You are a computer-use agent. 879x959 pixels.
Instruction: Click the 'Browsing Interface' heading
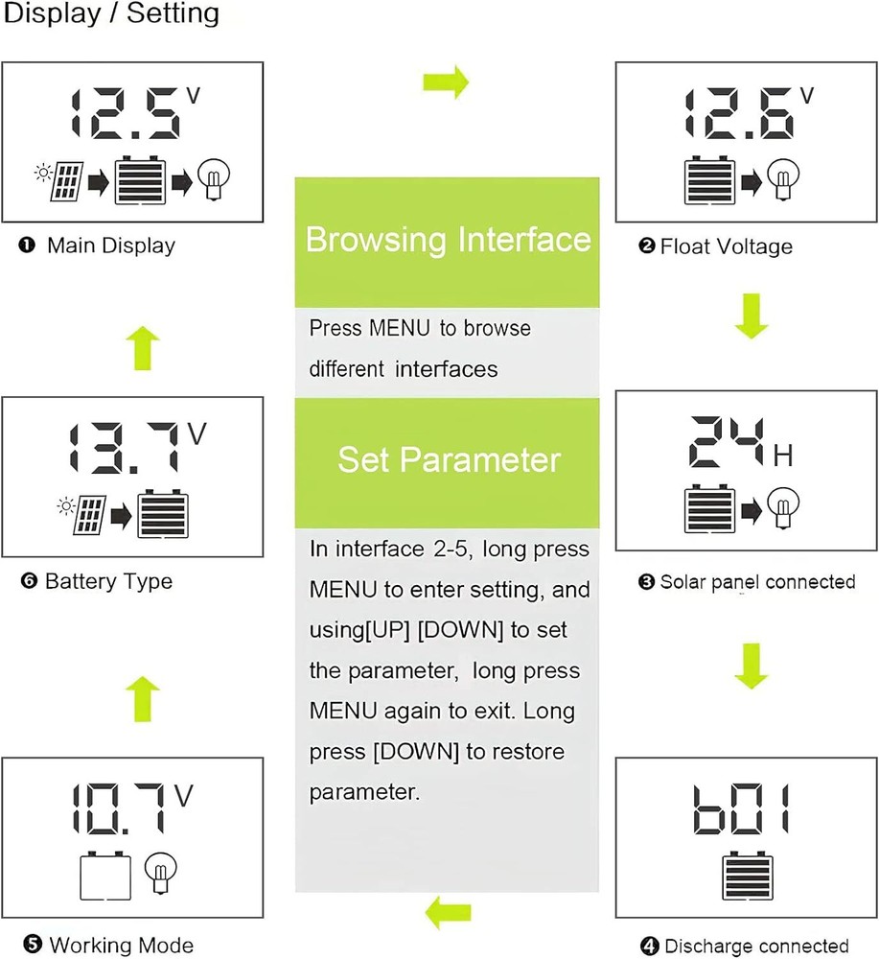point(447,239)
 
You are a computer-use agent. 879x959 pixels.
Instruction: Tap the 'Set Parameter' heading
point(447,459)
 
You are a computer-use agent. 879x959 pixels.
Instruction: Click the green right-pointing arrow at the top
point(446,82)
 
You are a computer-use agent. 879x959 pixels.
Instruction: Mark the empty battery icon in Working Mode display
point(104,876)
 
